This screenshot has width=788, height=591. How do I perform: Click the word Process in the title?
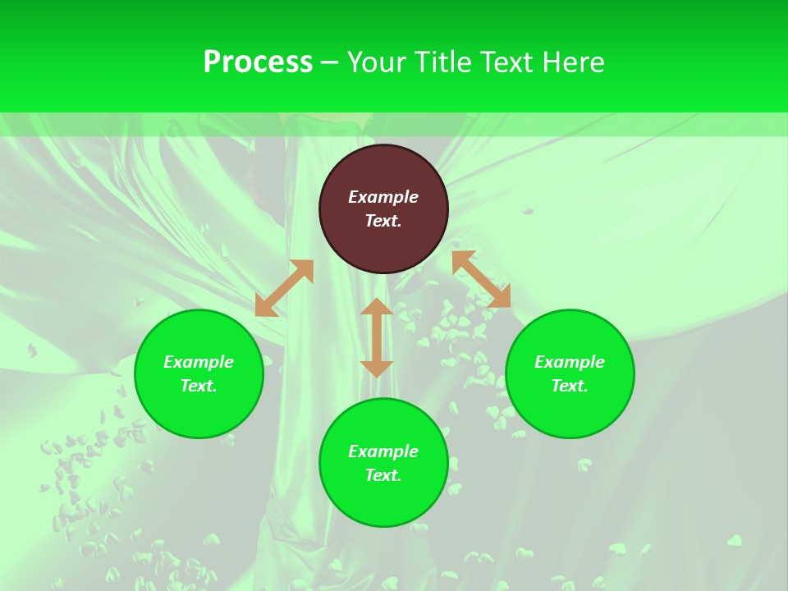tap(258, 62)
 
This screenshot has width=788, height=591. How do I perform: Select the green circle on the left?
tap(199, 410)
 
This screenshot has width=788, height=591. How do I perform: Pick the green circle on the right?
tap(570, 410)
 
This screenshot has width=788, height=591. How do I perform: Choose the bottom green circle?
tap(383, 501)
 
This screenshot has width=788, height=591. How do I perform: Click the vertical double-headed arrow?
tap(377, 337)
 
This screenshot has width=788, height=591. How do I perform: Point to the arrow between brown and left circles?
tap(284, 288)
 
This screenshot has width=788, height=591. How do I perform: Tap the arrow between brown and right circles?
tap(481, 279)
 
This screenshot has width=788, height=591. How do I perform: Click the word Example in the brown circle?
tap(383, 197)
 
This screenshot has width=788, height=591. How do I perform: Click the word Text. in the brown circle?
tap(383, 221)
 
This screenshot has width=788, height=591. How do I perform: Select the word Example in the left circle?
tap(199, 362)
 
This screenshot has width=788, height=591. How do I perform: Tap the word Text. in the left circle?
tap(199, 386)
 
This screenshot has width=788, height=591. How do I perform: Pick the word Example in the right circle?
tap(570, 362)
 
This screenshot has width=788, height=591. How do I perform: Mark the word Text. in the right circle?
tap(570, 386)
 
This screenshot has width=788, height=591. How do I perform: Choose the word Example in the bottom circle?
tap(383, 451)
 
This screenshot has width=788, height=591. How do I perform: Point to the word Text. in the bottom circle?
tap(383, 475)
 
